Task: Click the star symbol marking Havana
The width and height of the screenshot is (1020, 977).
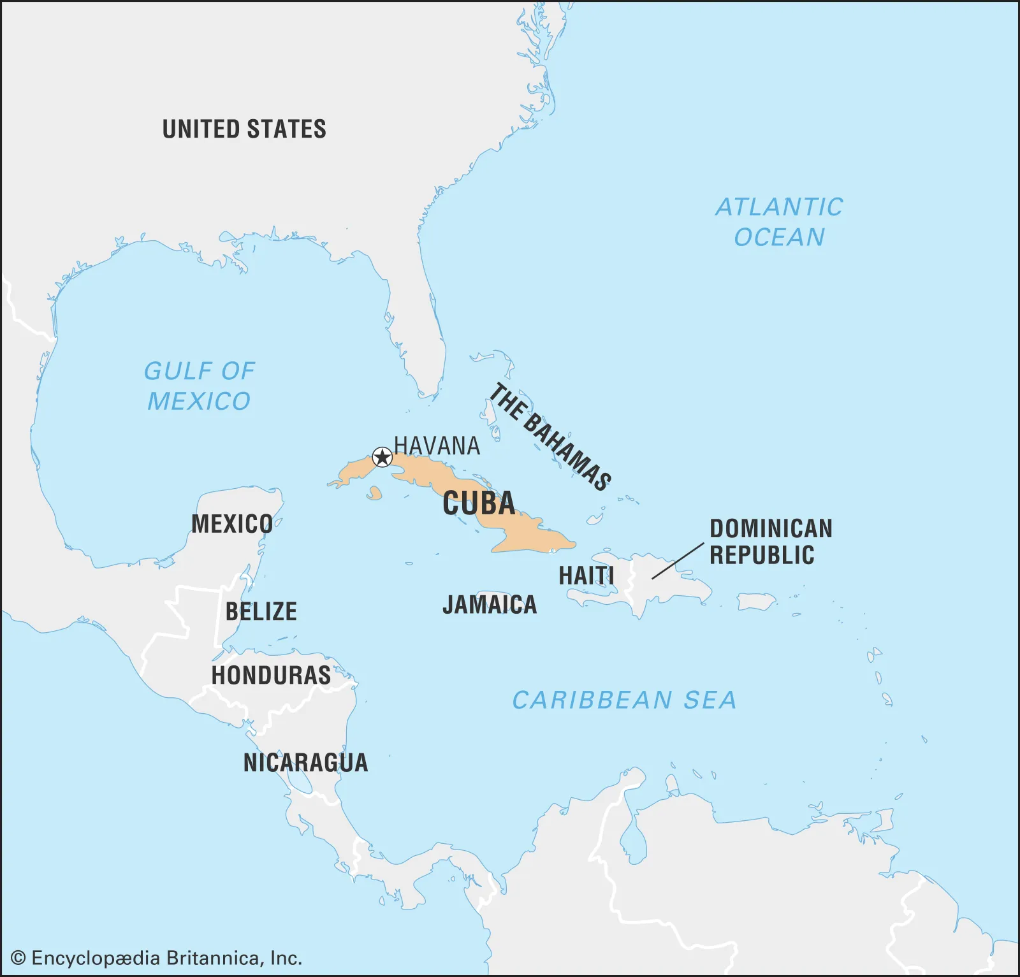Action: tap(382, 457)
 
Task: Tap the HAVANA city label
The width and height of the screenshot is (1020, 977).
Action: tap(437, 445)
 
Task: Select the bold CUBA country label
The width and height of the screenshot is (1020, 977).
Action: tap(479, 503)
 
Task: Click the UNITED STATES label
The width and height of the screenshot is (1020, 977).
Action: tap(244, 129)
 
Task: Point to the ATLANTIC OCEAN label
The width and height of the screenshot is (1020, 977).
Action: tap(779, 222)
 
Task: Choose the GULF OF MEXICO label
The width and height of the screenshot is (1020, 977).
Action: tap(199, 386)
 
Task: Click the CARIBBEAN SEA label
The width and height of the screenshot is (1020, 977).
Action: tap(624, 700)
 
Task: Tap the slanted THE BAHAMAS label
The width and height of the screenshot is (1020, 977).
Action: tap(550, 437)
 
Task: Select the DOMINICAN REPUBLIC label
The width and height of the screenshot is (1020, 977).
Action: tap(771, 542)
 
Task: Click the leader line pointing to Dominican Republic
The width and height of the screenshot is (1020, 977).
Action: tap(678, 561)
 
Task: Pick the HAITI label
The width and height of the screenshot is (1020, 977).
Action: tap(586, 575)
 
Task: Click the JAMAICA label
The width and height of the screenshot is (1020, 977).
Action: tap(490, 605)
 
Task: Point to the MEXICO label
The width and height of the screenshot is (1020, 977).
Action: tap(232, 524)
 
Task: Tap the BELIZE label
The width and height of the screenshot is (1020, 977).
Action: tap(261, 611)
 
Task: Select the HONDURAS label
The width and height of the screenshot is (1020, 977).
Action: tap(271, 675)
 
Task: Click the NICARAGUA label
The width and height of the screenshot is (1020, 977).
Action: tap(305, 762)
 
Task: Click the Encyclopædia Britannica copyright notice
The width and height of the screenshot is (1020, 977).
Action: tap(157, 958)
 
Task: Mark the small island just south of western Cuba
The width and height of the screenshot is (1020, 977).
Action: tap(374, 493)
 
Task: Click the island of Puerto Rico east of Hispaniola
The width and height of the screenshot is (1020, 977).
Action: tap(756, 601)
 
